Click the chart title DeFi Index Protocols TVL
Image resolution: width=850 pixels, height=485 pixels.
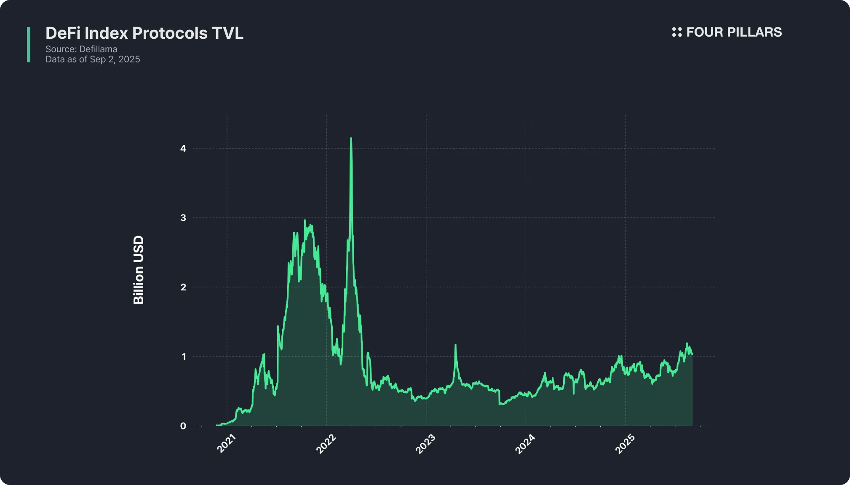coord(144,33)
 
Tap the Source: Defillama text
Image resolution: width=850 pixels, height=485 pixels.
coord(81,49)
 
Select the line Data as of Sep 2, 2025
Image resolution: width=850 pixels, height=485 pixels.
coord(93,59)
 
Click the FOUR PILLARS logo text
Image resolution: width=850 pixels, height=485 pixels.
coord(734,32)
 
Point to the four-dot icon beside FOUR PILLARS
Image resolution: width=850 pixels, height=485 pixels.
coord(676,32)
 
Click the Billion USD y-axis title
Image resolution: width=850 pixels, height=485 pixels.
coord(139,270)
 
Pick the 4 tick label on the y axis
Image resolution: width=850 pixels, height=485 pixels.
coord(183,148)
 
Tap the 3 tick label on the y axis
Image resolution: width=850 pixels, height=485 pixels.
coord(183,218)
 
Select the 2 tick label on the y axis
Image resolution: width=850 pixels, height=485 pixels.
coord(183,287)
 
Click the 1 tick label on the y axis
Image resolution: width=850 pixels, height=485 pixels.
coord(183,356)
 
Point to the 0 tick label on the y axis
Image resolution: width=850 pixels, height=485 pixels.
coord(183,426)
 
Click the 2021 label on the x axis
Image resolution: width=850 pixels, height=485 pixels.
coord(226,444)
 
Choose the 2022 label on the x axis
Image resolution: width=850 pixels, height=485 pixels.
coord(326,444)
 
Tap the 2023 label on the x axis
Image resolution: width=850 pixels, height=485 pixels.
coord(425,444)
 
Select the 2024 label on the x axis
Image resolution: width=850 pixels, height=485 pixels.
coord(525,444)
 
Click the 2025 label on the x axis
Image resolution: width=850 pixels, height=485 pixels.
coord(625,444)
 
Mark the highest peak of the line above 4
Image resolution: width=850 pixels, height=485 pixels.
coord(351,138)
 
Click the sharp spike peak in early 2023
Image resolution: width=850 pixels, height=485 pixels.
coord(455,345)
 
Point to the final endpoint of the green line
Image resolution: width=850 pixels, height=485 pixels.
coord(692,354)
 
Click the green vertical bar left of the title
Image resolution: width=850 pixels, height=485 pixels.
coord(29,45)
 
